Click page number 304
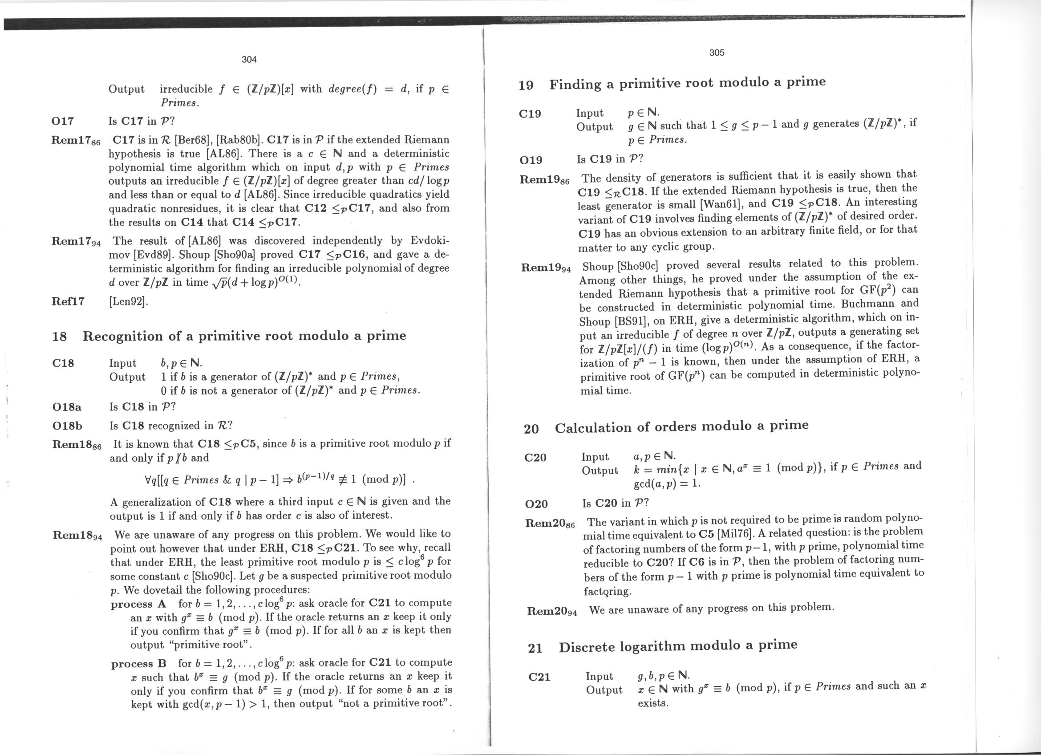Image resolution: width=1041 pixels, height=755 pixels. pyautogui.click(x=249, y=59)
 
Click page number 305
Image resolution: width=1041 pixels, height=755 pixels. pyautogui.click(x=717, y=53)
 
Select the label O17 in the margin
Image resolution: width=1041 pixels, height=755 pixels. pyautogui.click(x=63, y=121)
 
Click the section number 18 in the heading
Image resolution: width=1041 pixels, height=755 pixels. pyautogui.click(x=60, y=337)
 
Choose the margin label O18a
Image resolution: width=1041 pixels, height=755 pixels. pyautogui.click(x=67, y=406)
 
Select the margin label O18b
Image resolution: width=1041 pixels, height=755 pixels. pyautogui.click(x=68, y=426)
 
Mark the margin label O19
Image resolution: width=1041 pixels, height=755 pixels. pyautogui.click(x=531, y=160)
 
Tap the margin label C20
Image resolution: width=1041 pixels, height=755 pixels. pyautogui.click(x=535, y=458)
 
